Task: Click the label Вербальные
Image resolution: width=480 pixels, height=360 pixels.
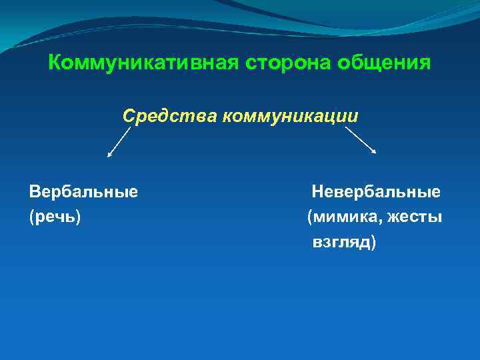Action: coord(83,192)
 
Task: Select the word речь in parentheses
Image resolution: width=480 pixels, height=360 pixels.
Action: coord(55,217)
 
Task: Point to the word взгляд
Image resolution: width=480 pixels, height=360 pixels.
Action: coord(341,242)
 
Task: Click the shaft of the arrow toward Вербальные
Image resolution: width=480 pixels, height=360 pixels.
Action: coord(120,141)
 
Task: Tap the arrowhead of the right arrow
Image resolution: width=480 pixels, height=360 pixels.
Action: coord(374,151)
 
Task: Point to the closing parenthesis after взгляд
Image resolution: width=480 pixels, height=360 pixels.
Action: coord(373,243)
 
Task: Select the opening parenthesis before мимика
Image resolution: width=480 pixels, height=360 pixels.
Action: coord(309,218)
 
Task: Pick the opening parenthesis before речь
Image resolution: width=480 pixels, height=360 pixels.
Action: coord(31,218)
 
